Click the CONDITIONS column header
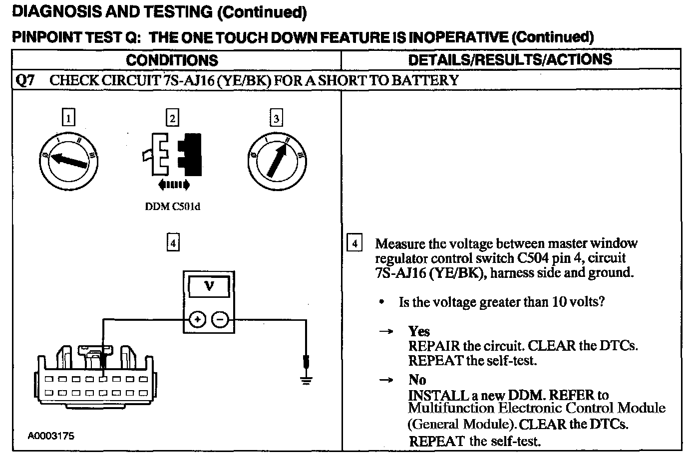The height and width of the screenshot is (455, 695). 172,60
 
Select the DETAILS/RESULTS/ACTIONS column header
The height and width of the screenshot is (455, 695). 510,60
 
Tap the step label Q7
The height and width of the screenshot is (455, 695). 25,81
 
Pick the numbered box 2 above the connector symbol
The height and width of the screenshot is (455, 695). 172,118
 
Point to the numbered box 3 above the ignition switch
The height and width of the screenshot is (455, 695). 276,118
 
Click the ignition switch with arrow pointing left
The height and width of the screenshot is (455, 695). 68,160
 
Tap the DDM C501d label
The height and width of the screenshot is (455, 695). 172,207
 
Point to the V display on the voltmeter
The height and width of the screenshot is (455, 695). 209,286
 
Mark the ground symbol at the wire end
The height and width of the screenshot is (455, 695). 306,379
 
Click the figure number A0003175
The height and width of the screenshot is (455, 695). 51,436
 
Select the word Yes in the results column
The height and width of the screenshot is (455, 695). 419,331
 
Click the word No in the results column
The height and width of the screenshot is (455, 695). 417,380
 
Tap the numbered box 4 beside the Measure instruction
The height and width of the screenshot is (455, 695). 354,244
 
